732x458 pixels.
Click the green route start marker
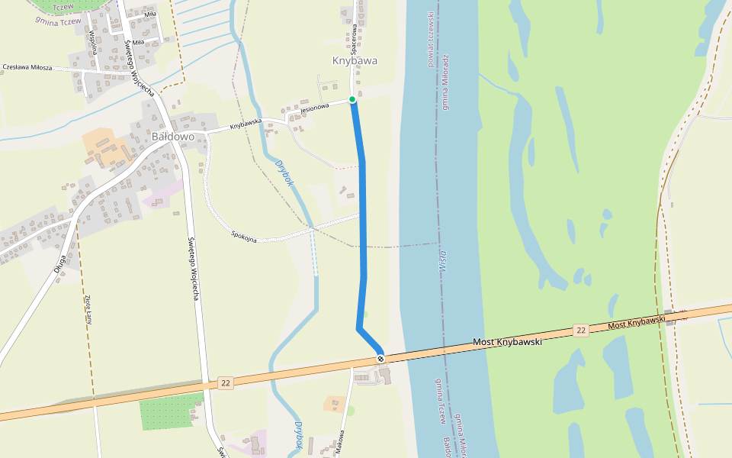point(352,99)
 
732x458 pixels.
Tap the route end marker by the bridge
point(380,359)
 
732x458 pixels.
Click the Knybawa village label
point(355,60)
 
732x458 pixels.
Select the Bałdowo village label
point(173,137)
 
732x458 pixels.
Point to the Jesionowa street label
point(314,108)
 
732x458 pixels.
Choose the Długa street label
point(60,263)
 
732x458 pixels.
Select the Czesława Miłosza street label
point(27,67)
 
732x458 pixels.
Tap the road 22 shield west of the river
point(224,382)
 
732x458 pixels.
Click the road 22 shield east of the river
point(581,330)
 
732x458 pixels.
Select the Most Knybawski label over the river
point(507,342)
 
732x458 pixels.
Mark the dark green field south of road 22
point(166,412)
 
